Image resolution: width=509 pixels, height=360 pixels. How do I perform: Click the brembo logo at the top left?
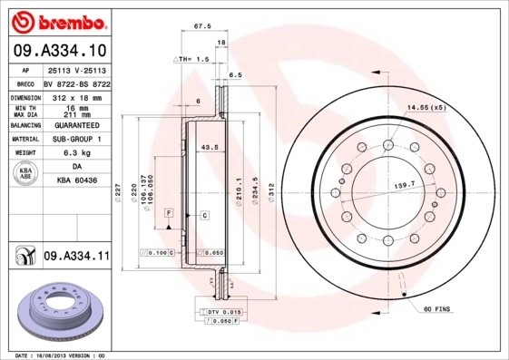pyautogui.click(x=56, y=19)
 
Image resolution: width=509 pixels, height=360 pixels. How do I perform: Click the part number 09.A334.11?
pyautogui.click(x=75, y=258)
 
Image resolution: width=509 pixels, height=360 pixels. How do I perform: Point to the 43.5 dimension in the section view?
pyautogui.click(x=209, y=147)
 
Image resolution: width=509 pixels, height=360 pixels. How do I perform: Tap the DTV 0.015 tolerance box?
pyautogui.click(x=217, y=311)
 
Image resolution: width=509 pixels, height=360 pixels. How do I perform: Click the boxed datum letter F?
pyautogui.click(x=168, y=212)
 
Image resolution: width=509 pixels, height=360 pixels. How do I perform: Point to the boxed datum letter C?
pyautogui.click(x=205, y=215)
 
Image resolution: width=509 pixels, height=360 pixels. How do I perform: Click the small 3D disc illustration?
pyautogui.click(x=56, y=310)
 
